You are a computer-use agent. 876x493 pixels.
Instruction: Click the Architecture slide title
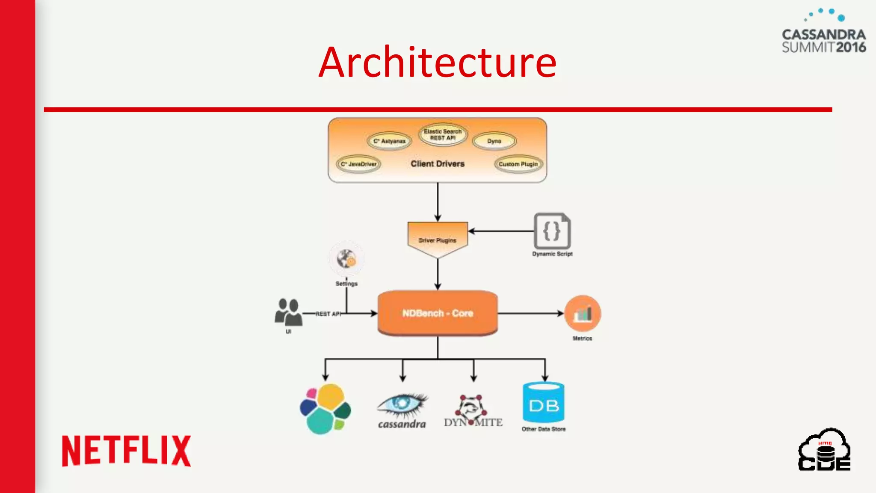pyautogui.click(x=437, y=62)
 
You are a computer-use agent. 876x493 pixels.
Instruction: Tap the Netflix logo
pyautogui.click(x=127, y=451)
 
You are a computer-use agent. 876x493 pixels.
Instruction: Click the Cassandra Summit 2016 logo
pyautogui.click(x=823, y=33)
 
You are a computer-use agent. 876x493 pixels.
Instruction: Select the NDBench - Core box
pyautogui.click(x=438, y=313)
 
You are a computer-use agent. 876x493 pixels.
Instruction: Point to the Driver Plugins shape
pyautogui.click(x=438, y=239)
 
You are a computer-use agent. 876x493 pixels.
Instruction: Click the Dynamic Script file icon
pyautogui.click(x=552, y=231)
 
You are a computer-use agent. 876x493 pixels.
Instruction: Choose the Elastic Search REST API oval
pyautogui.click(x=443, y=135)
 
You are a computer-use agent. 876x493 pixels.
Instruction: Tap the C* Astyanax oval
pyautogui.click(x=389, y=141)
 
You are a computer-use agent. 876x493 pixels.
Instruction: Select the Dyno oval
pyautogui.click(x=494, y=141)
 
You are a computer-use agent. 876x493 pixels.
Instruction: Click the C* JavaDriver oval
pyautogui.click(x=358, y=164)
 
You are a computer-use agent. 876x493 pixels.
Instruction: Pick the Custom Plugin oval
pyautogui.click(x=518, y=164)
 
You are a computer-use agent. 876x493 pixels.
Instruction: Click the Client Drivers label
pyautogui.click(x=437, y=164)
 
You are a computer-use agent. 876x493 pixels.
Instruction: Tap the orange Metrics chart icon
pyautogui.click(x=582, y=314)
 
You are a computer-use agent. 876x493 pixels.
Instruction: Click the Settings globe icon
pyautogui.click(x=346, y=259)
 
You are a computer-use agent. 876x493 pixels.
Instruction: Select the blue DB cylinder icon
pyautogui.click(x=543, y=403)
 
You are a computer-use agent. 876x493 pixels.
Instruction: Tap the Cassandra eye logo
pyautogui.click(x=402, y=406)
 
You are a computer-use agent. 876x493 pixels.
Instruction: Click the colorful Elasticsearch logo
pyautogui.click(x=326, y=409)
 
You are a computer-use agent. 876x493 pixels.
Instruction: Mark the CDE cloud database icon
pyautogui.click(x=824, y=450)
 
